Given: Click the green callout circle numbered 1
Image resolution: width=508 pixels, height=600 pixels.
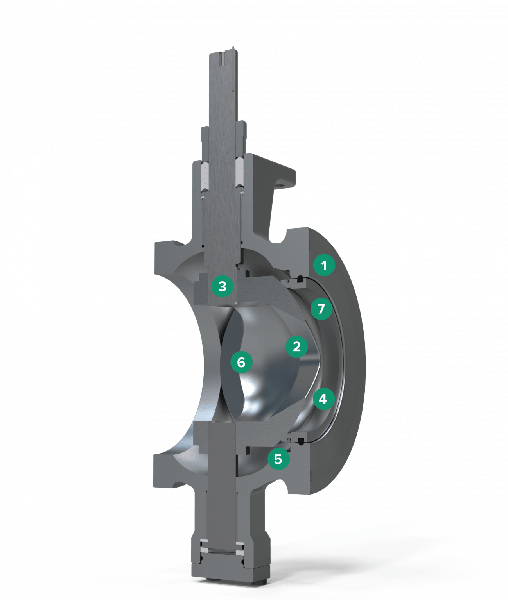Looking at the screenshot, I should [x=324, y=265].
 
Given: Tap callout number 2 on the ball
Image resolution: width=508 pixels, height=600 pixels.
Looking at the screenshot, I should [x=296, y=346].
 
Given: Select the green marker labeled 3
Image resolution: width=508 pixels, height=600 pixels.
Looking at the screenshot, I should [x=222, y=286].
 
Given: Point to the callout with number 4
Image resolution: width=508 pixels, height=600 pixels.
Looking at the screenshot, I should [x=323, y=399].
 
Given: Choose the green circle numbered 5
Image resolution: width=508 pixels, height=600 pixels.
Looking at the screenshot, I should [x=278, y=459].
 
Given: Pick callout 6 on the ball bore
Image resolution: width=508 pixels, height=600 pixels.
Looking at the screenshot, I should [x=241, y=362].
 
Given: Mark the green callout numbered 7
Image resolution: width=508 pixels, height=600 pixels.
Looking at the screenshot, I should [x=321, y=309].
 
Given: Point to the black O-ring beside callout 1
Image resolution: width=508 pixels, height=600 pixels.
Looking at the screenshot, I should [x=300, y=279].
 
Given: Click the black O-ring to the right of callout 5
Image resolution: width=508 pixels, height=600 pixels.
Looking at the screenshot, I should [x=301, y=441].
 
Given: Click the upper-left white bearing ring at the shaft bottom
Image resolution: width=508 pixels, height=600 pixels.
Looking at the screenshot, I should [x=205, y=544].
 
